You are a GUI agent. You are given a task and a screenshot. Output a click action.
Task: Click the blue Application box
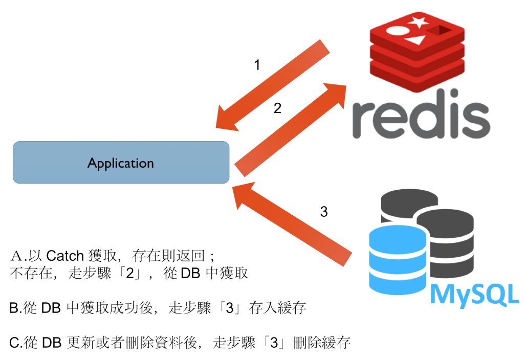[x=121, y=163]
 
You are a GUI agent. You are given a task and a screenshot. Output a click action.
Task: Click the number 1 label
[x=257, y=65]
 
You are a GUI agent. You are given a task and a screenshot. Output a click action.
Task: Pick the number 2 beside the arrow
[x=277, y=108]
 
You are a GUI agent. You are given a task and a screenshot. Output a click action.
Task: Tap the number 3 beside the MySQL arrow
[x=323, y=211]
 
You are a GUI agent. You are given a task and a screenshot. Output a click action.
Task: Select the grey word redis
[x=421, y=119]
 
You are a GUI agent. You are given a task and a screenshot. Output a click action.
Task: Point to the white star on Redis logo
[x=419, y=22]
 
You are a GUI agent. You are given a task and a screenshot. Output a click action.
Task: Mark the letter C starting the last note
[x=13, y=343]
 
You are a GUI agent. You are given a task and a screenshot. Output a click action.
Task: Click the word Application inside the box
[x=121, y=163]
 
